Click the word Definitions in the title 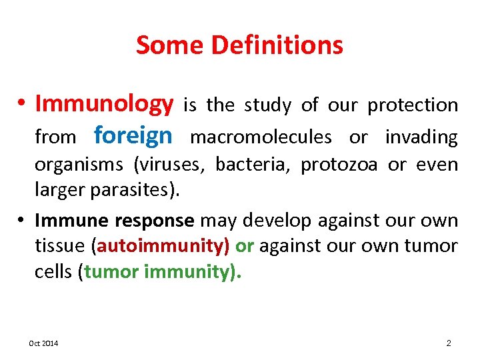277,45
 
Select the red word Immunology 104,104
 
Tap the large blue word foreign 133,135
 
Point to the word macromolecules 261,137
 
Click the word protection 413,105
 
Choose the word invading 421,137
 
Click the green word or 245,246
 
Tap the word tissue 59,246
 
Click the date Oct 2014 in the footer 43,343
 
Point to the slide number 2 449,343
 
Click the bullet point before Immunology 22,105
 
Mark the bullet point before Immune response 22,220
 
